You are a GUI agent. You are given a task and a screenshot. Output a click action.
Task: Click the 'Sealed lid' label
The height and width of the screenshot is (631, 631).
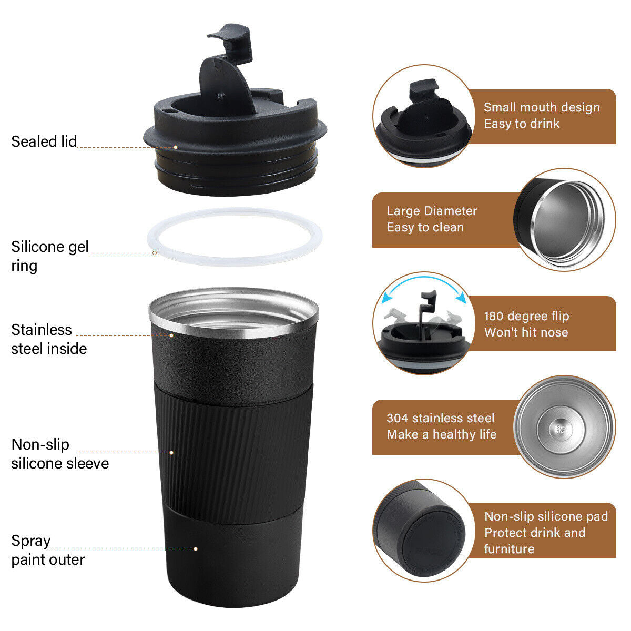click(x=44, y=141)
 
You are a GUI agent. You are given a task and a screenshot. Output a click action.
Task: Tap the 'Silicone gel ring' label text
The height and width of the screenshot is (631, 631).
click(x=49, y=256)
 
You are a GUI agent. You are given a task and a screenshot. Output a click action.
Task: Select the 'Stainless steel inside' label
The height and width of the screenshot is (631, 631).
click(x=48, y=339)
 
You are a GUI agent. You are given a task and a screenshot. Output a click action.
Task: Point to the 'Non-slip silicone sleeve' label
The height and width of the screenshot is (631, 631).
click(x=59, y=454)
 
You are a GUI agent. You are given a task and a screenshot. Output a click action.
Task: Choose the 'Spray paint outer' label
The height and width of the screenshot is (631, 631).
click(x=47, y=550)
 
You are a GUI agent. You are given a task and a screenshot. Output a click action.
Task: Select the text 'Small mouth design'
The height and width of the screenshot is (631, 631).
click(x=542, y=107)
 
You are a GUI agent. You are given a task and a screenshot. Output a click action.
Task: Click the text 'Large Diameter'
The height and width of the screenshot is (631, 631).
click(x=432, y=211)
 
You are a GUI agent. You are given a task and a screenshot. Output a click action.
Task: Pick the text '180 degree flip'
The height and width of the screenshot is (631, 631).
click(x=526, y=316)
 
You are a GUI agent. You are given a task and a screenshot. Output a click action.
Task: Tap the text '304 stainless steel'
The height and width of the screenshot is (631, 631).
click(x=440, y=418)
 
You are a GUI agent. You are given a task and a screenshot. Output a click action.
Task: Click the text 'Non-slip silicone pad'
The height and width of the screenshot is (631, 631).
click(x=546, y=516)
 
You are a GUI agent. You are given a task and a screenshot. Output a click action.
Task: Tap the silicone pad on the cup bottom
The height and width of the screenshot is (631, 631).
click(x=433, y=542)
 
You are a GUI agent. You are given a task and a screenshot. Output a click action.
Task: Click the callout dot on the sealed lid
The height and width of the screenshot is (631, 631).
click(x=176, y=147)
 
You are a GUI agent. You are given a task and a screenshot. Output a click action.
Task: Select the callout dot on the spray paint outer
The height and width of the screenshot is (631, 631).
click(x=196, y=549)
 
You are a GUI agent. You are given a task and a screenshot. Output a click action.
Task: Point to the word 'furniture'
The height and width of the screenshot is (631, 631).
click(x=509, y=549)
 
